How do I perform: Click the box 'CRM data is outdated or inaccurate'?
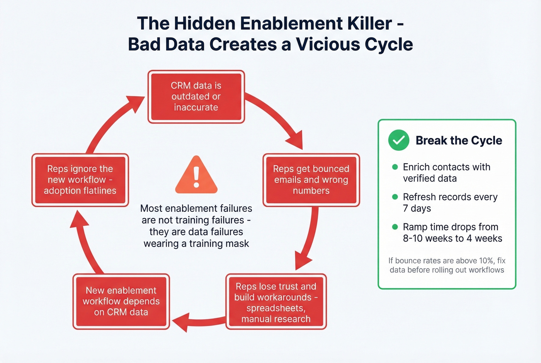point(196,97)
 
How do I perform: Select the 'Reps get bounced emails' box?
point(311,180)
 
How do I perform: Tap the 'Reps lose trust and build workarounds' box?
point(276,302)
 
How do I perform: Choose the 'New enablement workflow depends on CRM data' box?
point(121,302)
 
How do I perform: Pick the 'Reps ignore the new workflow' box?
point(80,180)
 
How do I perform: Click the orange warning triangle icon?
point(196,176)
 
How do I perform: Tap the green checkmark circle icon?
point(398,140)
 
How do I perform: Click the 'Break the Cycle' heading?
point(459,140)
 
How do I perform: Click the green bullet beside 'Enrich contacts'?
point(395,167)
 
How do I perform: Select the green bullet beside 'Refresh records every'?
point(395,197)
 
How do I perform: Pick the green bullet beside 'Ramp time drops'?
point(395,227)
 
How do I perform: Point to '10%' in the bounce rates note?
point(486,261)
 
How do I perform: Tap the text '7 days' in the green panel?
point(417,208)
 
